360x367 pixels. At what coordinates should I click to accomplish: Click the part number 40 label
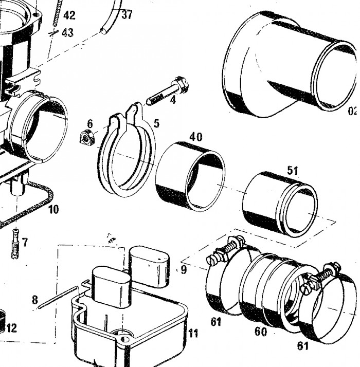195,137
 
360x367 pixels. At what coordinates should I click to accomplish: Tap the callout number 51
293,171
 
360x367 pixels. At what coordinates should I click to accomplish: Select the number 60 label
261,332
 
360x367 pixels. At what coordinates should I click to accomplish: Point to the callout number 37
127,14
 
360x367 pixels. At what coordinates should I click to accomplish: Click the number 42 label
69,15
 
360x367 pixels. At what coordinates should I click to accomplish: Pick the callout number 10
53,209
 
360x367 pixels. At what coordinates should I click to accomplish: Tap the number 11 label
192,334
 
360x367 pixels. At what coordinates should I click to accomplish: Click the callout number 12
11,327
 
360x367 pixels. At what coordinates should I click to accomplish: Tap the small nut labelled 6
86,138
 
